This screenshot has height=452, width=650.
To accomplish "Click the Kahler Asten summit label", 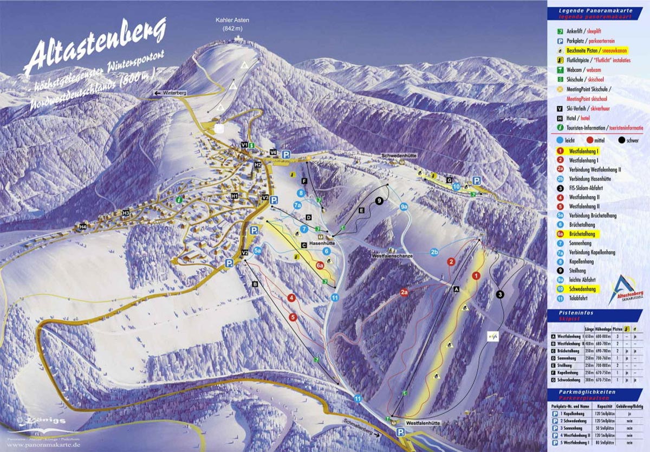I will (232, 24).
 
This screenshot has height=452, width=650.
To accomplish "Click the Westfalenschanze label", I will (392, 256).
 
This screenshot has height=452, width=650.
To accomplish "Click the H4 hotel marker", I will (82, 227).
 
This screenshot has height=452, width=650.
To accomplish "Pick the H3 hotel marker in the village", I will (126, 214).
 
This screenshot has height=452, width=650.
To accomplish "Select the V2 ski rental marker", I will (245, 253).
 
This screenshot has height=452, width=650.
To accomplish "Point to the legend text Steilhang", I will (577, 270).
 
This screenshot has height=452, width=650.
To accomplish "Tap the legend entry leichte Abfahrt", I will (582, 280).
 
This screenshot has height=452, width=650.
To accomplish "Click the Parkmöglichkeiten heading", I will (583, 391).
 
